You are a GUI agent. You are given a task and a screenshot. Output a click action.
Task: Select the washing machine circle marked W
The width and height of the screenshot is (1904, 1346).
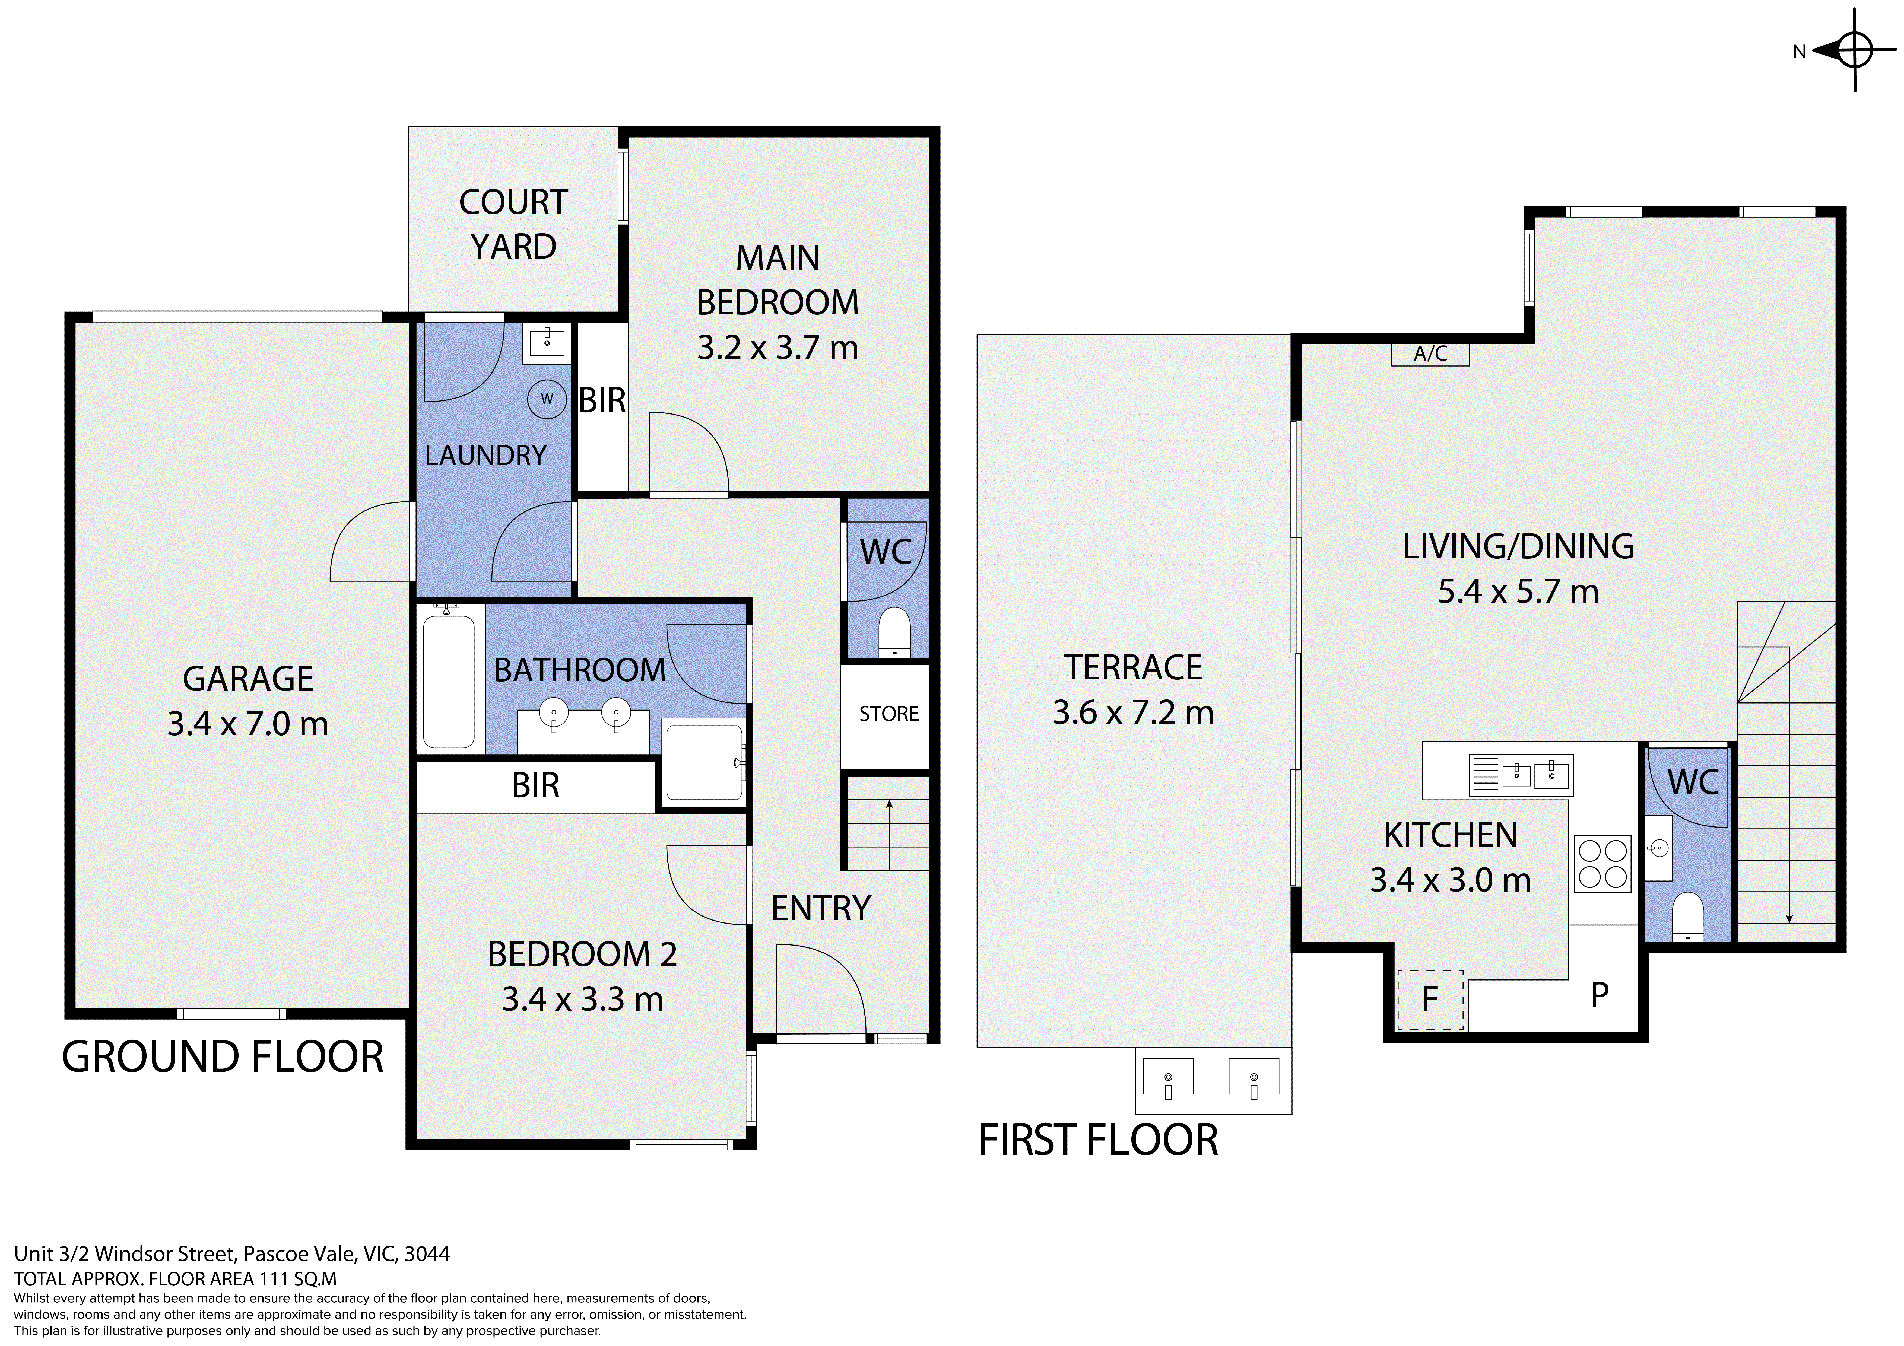[547, 399]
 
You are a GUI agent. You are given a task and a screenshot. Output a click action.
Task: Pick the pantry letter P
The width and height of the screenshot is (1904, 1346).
[1600, 994]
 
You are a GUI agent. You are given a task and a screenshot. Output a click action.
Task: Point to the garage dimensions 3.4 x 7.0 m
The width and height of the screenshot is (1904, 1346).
[248, 724]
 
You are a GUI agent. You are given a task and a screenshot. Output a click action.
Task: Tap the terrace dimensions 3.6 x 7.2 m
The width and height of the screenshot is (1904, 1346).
[1133, 712]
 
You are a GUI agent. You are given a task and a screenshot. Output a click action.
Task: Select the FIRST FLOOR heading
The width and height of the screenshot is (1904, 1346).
[1098, 1140]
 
